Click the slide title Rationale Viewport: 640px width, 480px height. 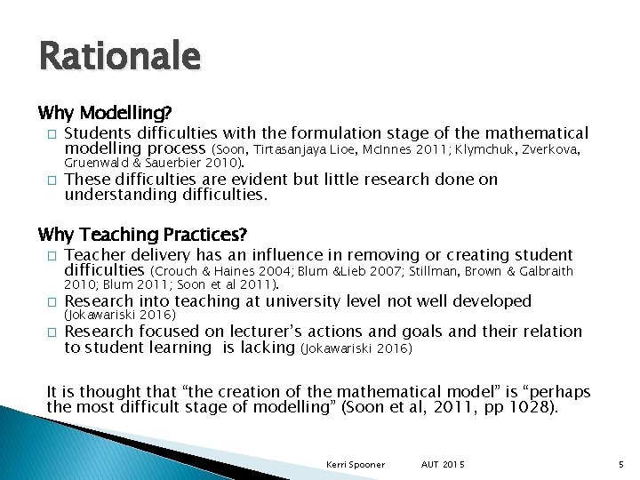tap(119, 58)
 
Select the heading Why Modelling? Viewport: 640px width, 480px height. tap(105, 114)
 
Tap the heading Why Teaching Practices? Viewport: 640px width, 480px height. tap(142, 235)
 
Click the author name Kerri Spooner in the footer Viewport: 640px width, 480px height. tap(356, 465)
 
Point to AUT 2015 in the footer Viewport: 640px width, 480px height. tap(444, 465)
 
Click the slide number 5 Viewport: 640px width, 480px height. tap(622, 465)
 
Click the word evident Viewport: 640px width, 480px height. tap(260, 179)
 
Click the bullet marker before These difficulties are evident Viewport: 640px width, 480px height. tap(52, 180)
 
